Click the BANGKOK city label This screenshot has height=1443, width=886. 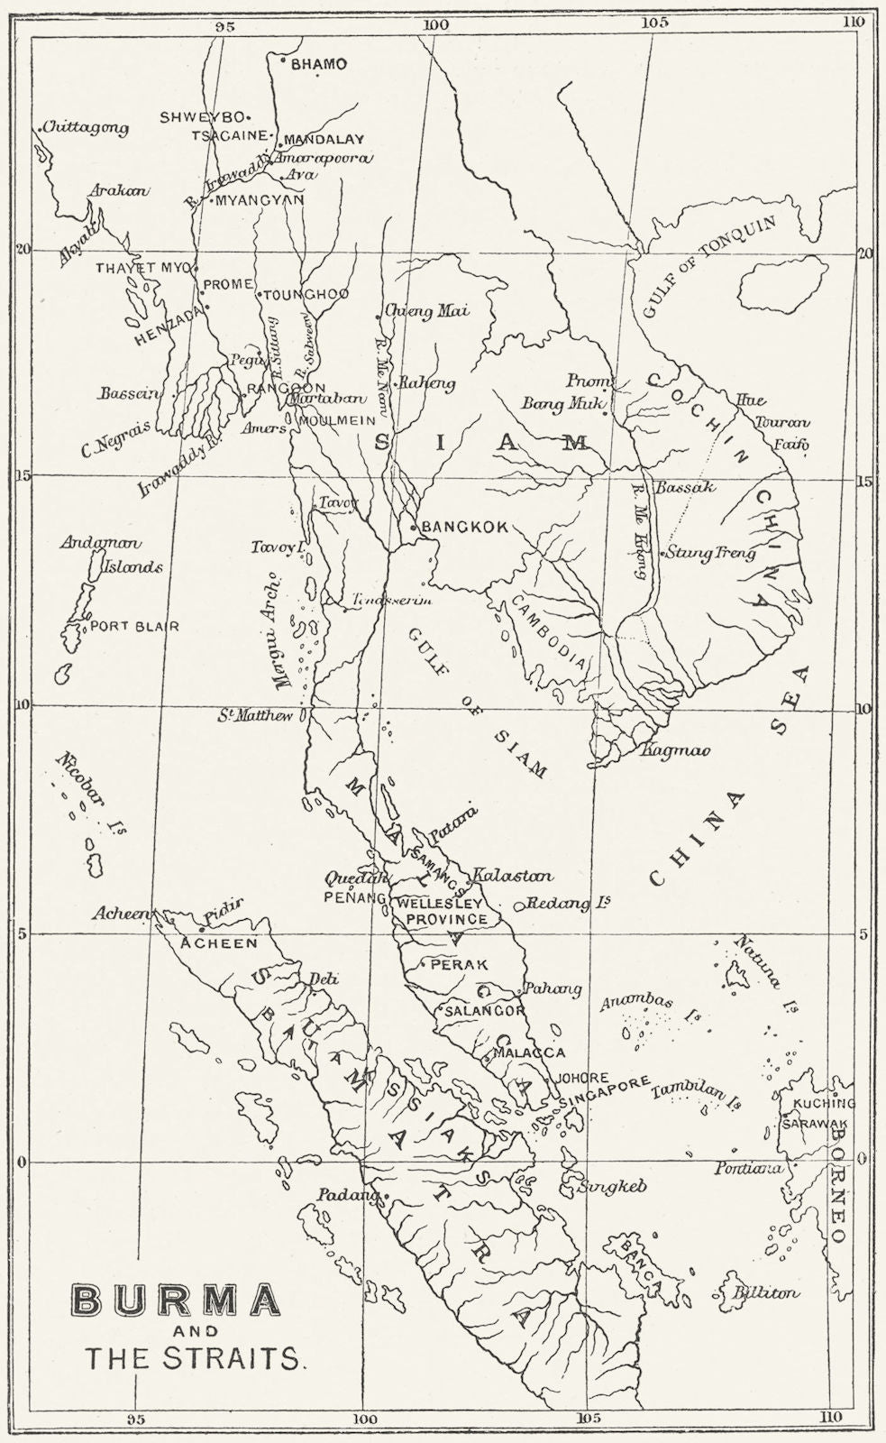coord(465,527)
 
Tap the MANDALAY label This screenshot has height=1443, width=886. coord(324,140)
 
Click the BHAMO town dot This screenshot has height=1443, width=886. coord(283,61)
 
